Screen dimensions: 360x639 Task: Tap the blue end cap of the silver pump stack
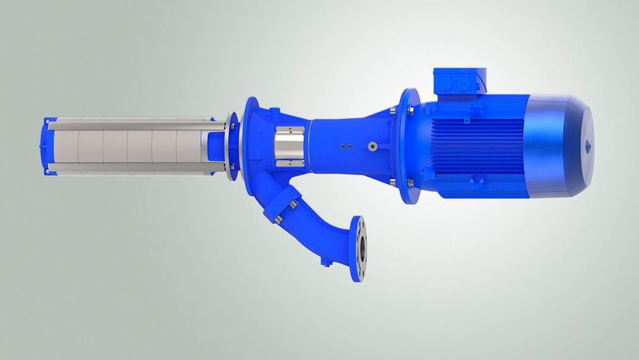click(46, 147)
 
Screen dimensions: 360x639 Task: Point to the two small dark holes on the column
click(343, 146)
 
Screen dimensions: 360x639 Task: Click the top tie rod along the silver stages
click(128, 121)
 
